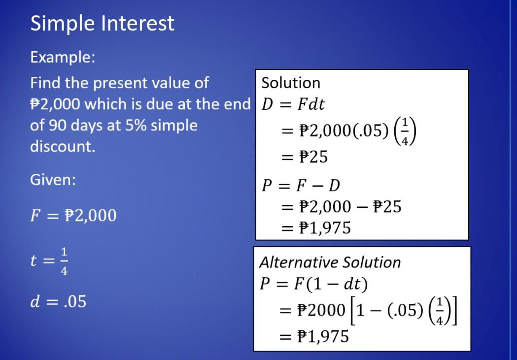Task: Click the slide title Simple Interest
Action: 102,24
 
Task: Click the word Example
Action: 62,58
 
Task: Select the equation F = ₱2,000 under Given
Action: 73,216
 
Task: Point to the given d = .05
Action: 58,301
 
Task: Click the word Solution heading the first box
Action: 291,83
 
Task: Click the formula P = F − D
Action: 301,185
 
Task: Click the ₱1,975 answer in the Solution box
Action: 322,228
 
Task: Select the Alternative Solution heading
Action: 330,262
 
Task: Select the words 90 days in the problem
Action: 74,125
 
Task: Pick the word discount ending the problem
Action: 63,146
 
